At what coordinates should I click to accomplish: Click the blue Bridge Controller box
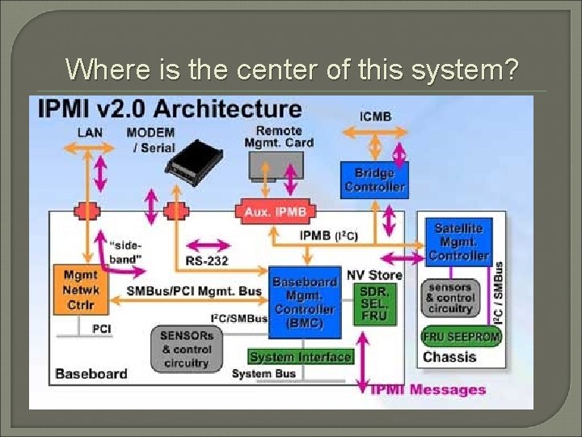(x=374, y=180)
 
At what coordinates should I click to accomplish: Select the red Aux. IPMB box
(x=275, y=212)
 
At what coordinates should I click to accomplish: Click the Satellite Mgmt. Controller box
(x=458, y=242)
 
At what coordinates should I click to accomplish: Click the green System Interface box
(x=300, y=357)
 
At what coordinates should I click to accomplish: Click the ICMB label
(x=375, y=116)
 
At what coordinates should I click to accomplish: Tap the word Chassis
(x=449, y=357)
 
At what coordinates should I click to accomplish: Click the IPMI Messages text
(x=428, y=389)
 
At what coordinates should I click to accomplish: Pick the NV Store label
(x=374, y=275)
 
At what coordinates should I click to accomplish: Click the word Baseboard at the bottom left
(x=91, y=374)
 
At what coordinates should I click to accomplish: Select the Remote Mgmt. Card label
(x=279, y=137)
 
